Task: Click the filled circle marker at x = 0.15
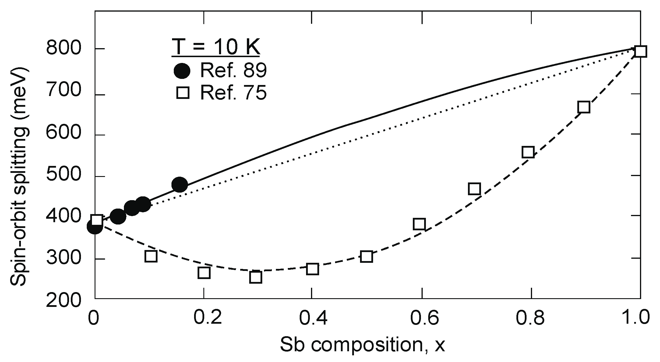click(180, 184)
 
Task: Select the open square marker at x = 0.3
click(256, 277)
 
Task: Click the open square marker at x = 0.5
click(366, 256)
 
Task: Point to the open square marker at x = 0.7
click(474, 189)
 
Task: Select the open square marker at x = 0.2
click(204, 273)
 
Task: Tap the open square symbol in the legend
click(183, 94)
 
